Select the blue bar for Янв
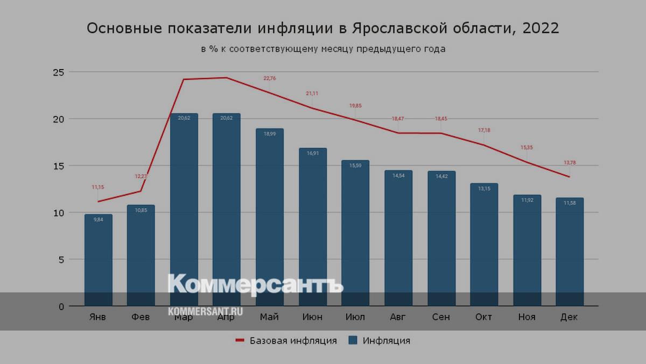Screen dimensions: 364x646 point(99,259)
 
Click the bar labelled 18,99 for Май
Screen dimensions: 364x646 point(270,216)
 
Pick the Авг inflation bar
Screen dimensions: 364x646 point(398,237)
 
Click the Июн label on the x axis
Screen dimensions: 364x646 point(312,317)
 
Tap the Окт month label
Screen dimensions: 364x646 point(483,317)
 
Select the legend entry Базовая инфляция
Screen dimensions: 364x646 point(293,340)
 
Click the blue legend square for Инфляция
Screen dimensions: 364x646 point(353,340)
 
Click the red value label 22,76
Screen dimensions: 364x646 point(269,78)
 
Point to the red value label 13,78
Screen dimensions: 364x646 point(570,163)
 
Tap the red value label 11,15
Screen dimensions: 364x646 point(98,187)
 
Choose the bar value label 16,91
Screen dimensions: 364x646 point(312,153)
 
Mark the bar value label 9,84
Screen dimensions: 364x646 point(99,219)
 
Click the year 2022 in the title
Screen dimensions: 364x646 point(540,28)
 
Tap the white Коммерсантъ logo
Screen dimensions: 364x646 point(255,285)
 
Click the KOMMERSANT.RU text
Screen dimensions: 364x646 point(205,312)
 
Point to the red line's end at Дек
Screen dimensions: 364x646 point(569,177)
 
